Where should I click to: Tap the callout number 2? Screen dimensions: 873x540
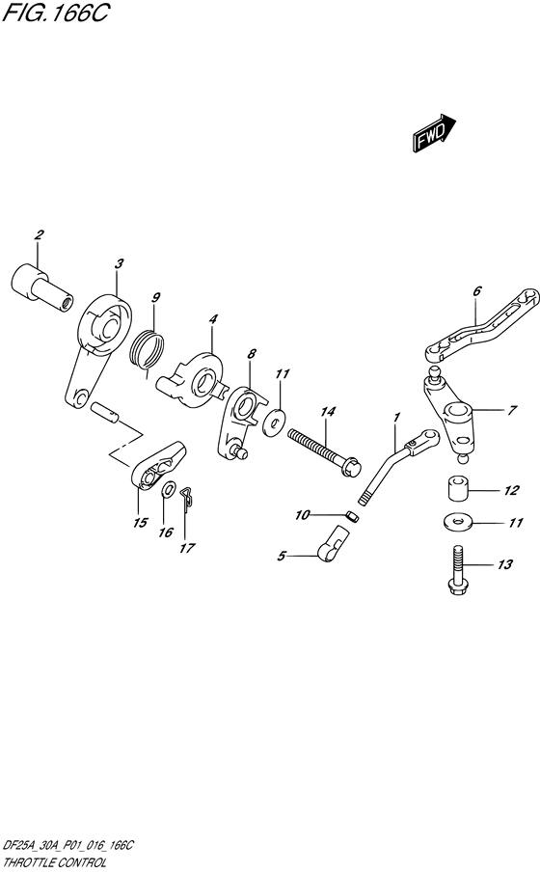click(x=40, y=235)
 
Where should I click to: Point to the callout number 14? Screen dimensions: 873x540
click(x=328, y=412)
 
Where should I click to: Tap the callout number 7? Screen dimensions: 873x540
click(x=512, y=410)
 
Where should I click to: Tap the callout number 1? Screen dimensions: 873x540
click(x=395, y=416)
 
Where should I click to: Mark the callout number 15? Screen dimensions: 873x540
click(x=140, y=524)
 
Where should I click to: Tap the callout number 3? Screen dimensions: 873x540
click(x=119, y=263)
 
